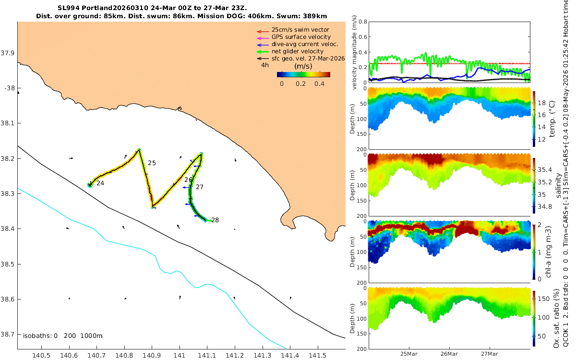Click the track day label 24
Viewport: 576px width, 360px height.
(x=100, y=183)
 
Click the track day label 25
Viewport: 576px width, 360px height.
(x=152, y=163)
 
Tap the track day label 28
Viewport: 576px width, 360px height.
(x=215, y=220)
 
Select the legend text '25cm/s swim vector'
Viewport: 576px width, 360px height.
(x=300, y=30)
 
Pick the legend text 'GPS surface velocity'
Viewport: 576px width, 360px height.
(x=301, y=37)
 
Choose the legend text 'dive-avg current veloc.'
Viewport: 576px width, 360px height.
(x=305, y=44)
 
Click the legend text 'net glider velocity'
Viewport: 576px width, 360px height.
(x=298, y=51)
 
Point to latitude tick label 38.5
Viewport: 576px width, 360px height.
(x=8, y=264)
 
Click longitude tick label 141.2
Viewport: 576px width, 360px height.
(x=235, y=356)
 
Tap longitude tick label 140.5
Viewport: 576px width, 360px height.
(x=41, y=356)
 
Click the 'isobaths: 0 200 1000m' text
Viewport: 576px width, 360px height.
(x=63, y=336)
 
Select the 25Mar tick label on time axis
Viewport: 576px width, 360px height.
(x=408, y=354)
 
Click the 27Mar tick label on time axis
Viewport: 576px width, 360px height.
(x=489, y=354)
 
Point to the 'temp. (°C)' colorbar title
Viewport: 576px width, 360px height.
(x=552, y=119)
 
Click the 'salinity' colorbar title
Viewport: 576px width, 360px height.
(x=558, y=186)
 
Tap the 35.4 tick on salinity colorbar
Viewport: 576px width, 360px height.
(x=545, y=170)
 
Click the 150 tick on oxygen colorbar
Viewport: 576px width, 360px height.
(x=543, y=299)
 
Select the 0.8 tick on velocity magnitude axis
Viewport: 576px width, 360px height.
(x=363, y=22)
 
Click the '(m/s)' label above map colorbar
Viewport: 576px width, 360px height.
(x=303, y=66)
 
